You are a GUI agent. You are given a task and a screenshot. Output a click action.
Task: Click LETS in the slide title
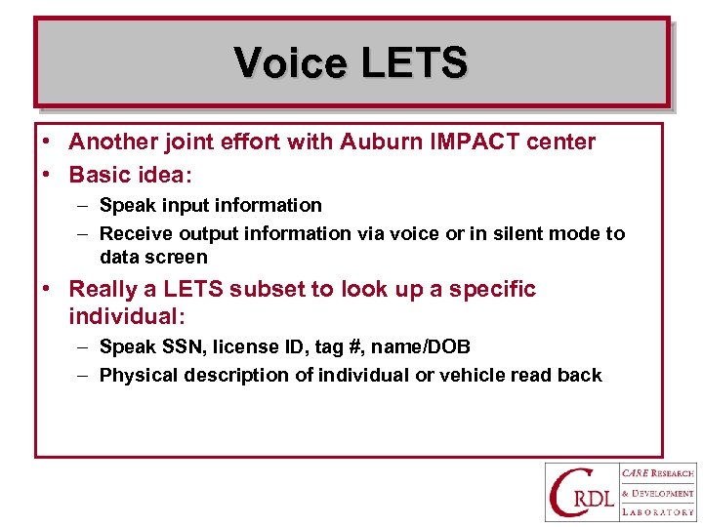414,63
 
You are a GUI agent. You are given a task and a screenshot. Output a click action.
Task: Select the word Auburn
376,142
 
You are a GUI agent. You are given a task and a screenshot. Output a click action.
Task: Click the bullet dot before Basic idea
47,176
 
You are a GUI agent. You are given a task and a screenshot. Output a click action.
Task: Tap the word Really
103,289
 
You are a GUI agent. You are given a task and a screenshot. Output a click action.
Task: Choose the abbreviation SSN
177,346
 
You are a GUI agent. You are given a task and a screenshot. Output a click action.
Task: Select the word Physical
138,375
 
